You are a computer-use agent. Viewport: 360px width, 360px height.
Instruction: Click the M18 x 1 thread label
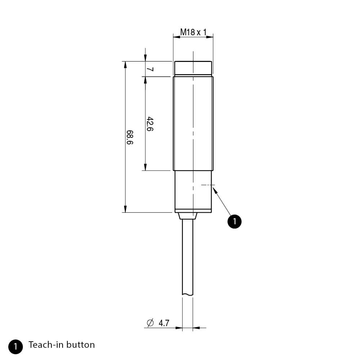click(x=193, y=32)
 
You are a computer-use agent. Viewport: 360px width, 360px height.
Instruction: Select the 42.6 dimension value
click(x=150, y=124)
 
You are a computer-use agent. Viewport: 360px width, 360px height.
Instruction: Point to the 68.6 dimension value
click(x=130, y=137)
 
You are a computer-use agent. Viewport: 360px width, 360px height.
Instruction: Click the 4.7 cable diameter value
click(x=164, y=323)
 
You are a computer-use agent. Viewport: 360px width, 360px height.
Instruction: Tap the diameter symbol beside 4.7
click(x=150, y=323)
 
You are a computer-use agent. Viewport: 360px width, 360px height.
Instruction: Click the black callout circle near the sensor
click(x=234, y=221)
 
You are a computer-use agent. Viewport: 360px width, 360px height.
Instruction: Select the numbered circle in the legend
click(x=15, y=346)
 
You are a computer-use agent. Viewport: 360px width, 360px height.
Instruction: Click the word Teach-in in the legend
click(x=43, y=345)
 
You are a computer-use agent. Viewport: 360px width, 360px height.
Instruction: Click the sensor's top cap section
click(x=193, y=68)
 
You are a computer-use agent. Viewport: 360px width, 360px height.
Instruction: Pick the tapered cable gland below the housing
click(x=188, y=216)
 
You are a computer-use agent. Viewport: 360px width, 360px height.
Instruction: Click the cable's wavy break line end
click(x=188, y=295)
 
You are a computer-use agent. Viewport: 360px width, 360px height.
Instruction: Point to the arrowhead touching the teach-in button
click(x=215, y=190)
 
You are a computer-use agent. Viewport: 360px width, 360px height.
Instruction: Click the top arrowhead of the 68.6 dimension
click(x=125, y=64)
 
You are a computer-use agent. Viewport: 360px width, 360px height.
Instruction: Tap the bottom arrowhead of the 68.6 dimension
click(x=125, y=209)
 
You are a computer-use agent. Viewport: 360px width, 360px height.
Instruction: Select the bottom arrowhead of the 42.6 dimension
click(x=145, y=167)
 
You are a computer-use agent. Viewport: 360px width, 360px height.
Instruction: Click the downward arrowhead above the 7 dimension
click(x=145, y=58)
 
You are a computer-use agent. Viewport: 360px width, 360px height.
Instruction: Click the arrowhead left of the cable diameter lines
click(x=179, y=328)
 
